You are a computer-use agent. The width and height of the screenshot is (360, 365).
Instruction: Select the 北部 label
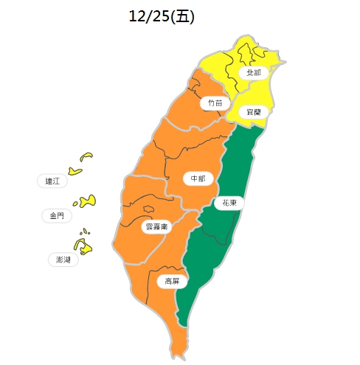(x=253, y=73)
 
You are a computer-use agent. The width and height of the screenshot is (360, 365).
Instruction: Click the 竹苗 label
(x=215, y=103)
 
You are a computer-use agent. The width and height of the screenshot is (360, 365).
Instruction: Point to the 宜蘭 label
(x=253, y=111)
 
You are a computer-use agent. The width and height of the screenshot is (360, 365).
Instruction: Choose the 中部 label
(x=197, y=178)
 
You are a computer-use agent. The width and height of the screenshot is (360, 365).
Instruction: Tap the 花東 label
(x=229, y=202)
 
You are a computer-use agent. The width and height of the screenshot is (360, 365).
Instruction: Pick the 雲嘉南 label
(x=155, y=226)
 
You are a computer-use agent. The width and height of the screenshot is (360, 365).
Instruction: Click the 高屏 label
(x=172, y=281)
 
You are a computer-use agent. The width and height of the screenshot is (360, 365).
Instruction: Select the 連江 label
(x=52, y=181)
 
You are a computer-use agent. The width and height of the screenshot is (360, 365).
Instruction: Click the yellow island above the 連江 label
(x=86, y=156)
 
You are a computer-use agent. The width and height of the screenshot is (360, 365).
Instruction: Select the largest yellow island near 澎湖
(x=84, y=246)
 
